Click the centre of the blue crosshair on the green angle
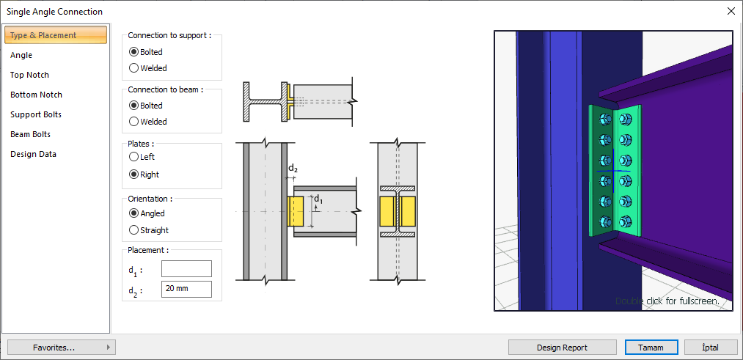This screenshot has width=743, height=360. click(613, 171)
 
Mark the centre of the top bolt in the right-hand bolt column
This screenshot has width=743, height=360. click(625, 119)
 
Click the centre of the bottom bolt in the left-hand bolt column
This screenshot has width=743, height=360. click(605, 221)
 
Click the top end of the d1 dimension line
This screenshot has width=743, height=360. click(311, 195)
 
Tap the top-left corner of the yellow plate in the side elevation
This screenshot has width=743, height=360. click(288, 196)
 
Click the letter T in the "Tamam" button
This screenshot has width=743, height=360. click(640, 348)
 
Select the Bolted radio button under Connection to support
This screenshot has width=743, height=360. click(133, 52)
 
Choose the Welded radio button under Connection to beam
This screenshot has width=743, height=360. click(133, 122)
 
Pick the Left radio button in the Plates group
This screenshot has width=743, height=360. click(133, 157)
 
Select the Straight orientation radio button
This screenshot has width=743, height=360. click(133, 230)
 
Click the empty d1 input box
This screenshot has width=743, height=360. click(186, 268)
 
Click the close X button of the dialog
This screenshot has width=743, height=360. click(731, 12)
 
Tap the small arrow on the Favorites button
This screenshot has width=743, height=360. click(109, 348)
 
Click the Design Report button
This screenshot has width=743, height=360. click(562, 348)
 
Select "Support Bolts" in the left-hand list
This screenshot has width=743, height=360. click(36, 114)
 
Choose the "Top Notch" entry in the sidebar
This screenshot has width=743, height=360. click(29, 75)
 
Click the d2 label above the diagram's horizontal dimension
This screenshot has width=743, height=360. click(293, 168)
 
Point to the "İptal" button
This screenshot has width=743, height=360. click(710, 348)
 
